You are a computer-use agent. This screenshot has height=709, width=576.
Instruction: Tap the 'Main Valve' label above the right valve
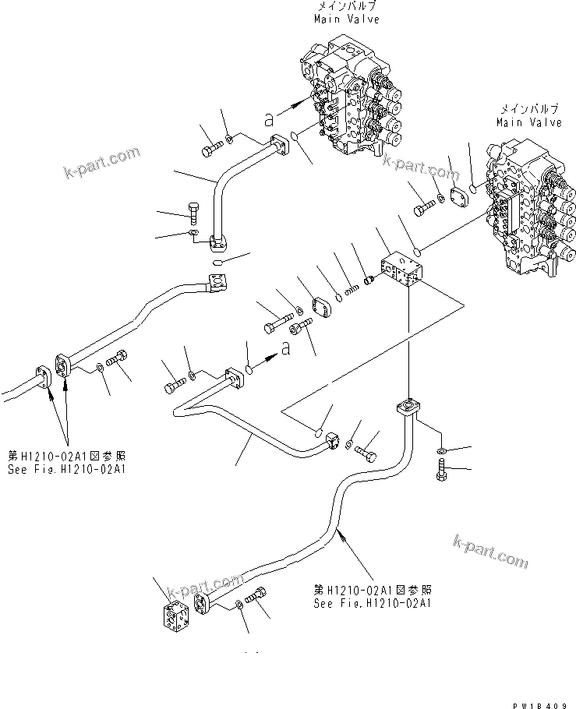(529, 122)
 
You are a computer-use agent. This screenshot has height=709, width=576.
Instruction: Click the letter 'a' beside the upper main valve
(269, 118)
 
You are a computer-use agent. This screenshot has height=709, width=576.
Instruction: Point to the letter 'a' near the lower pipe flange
(286, 350)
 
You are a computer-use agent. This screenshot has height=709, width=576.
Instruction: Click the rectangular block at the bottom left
(178, 617)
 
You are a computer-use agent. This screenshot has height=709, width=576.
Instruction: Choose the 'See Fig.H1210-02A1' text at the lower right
(373, 602)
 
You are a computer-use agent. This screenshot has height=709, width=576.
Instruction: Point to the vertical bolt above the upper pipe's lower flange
(193, 212)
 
